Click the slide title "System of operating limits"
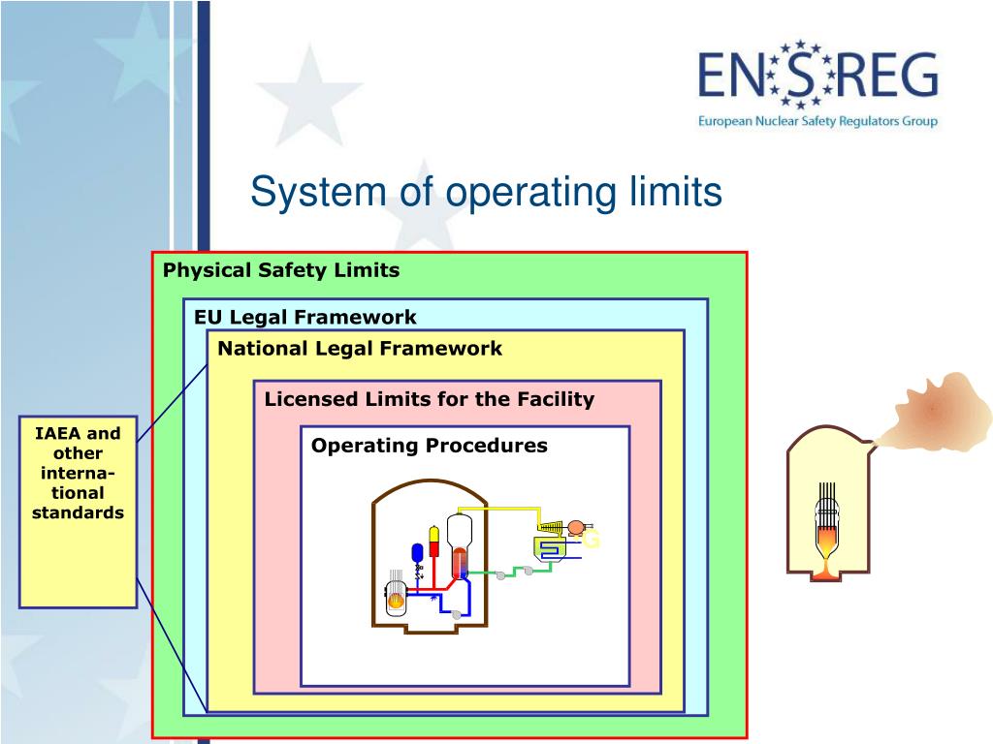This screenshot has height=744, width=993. point(486,192)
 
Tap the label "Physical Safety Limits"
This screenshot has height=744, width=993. point(281,270)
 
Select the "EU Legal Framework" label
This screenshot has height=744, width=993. point(304,317)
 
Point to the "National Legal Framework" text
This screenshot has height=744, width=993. point(360,348)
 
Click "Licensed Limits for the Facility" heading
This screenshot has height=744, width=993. point(429,399)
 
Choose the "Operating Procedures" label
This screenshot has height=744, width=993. point(429,446)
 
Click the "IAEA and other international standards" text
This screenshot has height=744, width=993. point(78,473)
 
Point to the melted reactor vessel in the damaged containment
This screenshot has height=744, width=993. point(826,542)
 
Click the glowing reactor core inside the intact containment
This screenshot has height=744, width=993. point(396,601)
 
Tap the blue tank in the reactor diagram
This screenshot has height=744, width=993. point(418,553)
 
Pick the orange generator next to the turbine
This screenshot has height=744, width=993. point(576,528)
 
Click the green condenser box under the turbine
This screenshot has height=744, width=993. point(549,548)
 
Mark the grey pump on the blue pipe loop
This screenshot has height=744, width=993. point(457,614)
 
